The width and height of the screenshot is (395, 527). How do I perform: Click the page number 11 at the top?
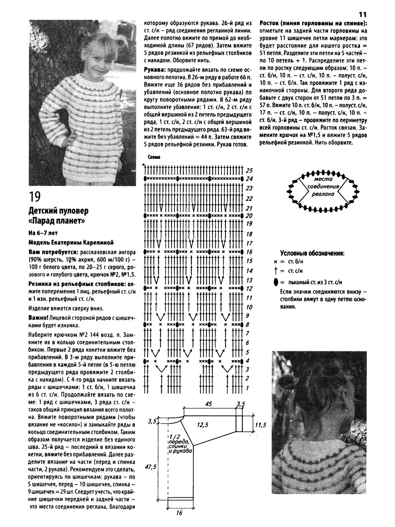363,13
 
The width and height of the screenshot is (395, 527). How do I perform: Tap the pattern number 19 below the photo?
35,196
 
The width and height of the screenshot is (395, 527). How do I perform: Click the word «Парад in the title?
45,222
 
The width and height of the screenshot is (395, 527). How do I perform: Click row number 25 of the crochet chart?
249,170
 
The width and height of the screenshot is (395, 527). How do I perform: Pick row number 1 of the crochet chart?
248,388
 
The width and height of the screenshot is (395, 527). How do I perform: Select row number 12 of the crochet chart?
249,289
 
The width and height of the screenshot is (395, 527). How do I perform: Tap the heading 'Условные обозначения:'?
312,253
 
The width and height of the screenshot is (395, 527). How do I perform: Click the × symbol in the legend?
275,261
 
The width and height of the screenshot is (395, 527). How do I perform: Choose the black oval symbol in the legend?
275,282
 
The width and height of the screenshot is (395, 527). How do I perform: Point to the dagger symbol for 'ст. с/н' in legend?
275,271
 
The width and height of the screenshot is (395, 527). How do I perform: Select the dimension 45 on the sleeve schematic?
208,404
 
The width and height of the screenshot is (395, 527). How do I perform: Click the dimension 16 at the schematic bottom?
179,513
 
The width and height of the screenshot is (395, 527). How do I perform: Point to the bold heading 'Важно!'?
38,318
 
